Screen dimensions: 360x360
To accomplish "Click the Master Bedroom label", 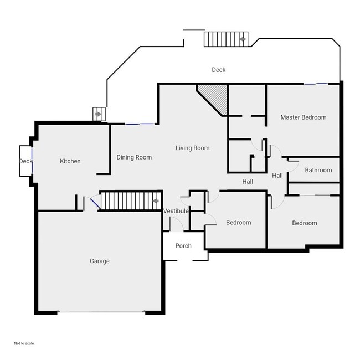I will point(303,117).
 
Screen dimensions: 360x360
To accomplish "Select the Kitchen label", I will point(70,161).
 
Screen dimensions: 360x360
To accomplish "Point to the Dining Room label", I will point(134,157).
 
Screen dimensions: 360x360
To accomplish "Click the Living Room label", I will point(193,148).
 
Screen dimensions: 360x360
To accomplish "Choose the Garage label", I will point(100,261).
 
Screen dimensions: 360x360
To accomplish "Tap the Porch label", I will point(183,246).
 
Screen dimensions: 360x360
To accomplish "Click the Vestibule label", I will point(176,212).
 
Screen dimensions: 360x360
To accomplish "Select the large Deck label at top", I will point(219,70).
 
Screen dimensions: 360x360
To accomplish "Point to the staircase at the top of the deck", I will point(226,39).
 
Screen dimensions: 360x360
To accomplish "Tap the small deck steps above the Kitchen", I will point(98,114).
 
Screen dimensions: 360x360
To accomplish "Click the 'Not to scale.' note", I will point(24,343).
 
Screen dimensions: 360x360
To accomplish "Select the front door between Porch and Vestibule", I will point(176,225).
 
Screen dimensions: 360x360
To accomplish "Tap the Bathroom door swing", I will point(293,163).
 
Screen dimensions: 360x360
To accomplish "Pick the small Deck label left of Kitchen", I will point(25,161).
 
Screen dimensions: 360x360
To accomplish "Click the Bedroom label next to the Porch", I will point(238,223).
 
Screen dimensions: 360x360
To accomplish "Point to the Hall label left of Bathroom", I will point(277,176).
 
